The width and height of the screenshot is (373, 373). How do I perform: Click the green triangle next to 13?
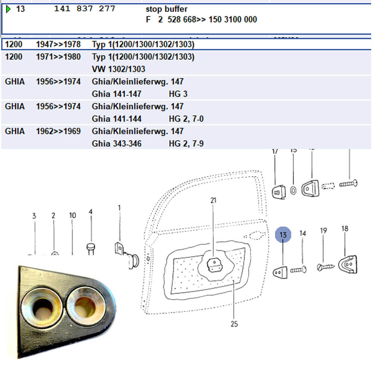(9, 9)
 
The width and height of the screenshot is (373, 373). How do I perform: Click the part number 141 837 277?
(85, 9)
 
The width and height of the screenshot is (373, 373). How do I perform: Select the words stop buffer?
(166, 9)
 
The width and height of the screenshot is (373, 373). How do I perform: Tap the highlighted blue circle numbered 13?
(283, 235)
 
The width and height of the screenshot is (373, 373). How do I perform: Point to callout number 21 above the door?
(213, 200)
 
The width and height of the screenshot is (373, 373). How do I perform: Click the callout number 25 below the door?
(234, 324)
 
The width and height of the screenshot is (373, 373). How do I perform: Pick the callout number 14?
(303, 233)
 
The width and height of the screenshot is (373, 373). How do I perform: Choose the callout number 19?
(323, 231)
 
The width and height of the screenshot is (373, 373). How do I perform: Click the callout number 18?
(345, 228)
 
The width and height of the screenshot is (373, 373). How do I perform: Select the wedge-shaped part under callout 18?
(347, 264)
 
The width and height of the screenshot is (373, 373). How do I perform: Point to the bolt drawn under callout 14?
(299, 269)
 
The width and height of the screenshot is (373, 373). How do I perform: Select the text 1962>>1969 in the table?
(58, 131)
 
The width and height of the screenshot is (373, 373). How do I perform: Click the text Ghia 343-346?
(116, 143)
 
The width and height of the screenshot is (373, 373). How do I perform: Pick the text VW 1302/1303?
(118, 69)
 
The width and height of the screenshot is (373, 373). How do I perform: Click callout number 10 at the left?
(72, 215)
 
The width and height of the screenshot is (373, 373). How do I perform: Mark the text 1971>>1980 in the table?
(58, 57)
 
